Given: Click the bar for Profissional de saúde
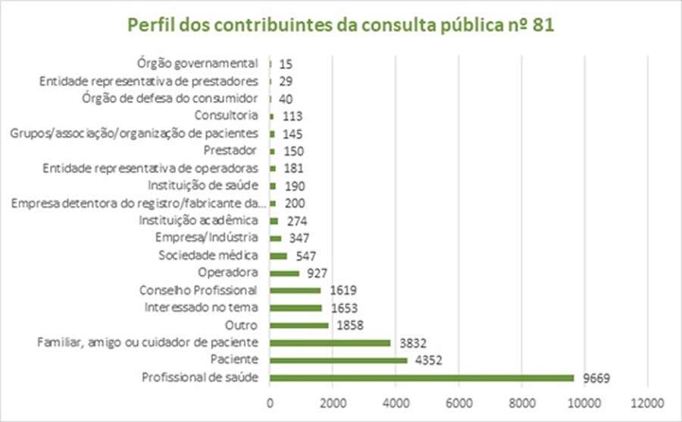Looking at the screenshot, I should [421, 377].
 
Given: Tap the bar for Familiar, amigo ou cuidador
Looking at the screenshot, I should [330, 342].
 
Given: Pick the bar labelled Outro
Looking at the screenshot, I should [299, 325].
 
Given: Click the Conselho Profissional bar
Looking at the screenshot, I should [295, 290].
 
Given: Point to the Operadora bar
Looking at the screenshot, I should [284, 272].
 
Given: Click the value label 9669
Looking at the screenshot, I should [596, 378].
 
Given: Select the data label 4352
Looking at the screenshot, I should [428, 361].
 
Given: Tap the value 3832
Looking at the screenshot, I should [411, 343].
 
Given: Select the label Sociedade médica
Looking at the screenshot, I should [208, 255].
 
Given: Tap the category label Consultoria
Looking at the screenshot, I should [227, 115].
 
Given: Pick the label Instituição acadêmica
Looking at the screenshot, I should [199, 220].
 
